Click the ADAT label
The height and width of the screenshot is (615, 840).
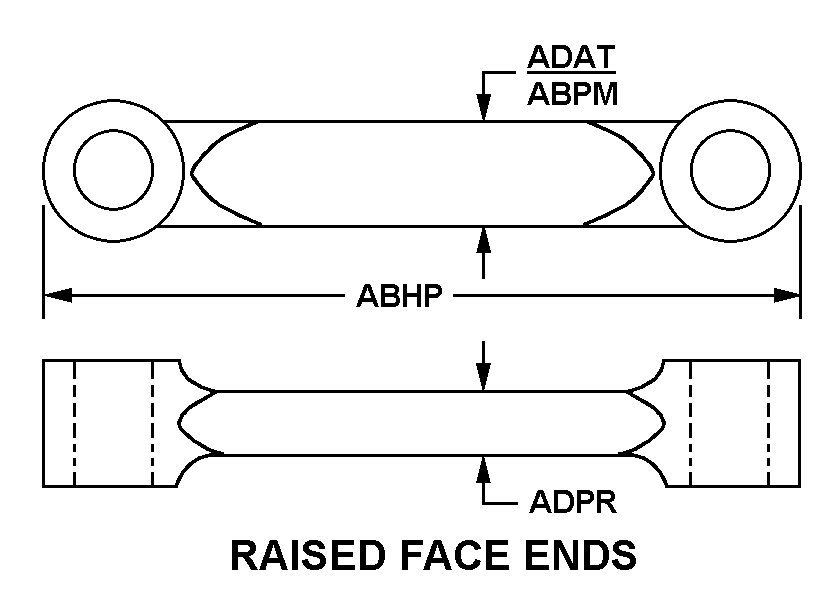pos(571,57)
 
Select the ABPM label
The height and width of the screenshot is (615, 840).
pos(572,94)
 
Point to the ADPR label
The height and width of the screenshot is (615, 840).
pos(572,500)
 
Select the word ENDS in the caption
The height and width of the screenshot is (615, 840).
pos(582,555)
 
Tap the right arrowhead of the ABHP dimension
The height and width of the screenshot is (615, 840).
pos(787,295)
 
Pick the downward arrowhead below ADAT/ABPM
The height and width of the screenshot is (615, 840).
pos(484,109)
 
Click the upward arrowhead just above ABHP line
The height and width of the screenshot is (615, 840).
pos(484,239)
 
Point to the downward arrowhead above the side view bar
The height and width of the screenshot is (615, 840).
pos(484,377)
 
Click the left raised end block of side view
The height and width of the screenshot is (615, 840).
pos(111,422)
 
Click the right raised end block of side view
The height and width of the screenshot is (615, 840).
pos(730,422)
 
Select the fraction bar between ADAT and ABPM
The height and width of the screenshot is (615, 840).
pos(572,75)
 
